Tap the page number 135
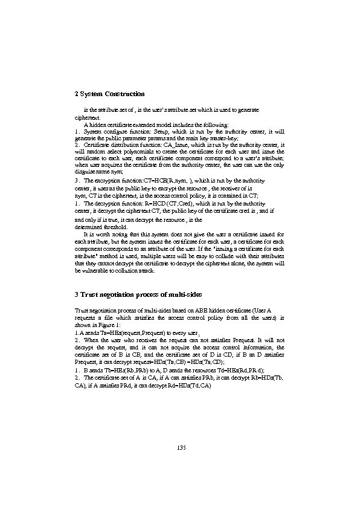(x=180, y=447)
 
